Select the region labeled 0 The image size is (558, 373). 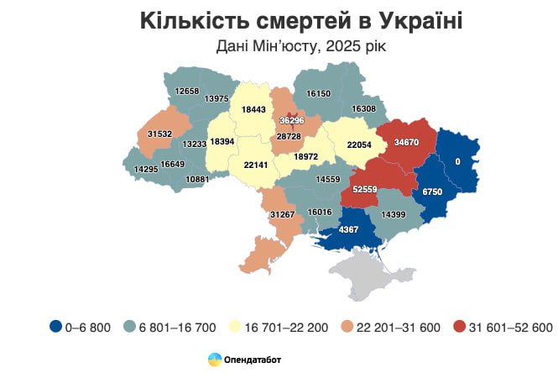(x=458, y=160)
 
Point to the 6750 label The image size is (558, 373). (x=431, y=192)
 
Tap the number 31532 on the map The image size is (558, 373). (x=159, y=133)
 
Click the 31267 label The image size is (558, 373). (x=281, y=216)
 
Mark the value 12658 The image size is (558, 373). (x=187, y=91)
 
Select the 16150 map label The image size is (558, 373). (x=319, y=94)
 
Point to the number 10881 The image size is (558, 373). (x=197, y=179)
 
